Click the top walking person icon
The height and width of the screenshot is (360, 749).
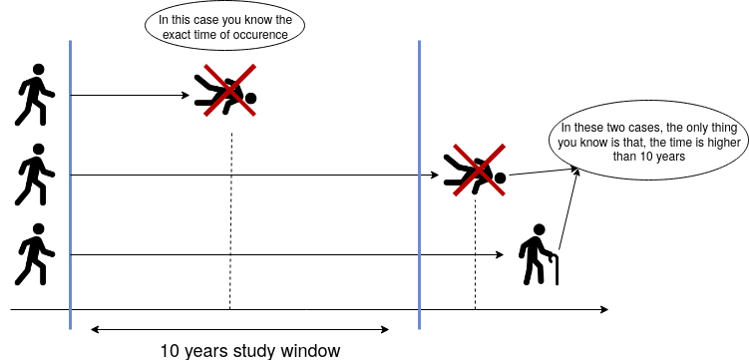pos(34,95)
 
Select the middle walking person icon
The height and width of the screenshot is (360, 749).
pos(34,175)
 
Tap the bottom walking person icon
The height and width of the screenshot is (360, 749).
pos(34,254)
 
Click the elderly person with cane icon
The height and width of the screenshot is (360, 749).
pos(539,254)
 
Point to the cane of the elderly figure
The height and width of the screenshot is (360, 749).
pos(556,270)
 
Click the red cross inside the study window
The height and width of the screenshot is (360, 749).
pos(229,90)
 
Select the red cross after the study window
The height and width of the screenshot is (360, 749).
pos(479,170)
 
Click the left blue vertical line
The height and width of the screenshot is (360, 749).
pos(70,184)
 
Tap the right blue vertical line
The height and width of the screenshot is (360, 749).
pos(420,184)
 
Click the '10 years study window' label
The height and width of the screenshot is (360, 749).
pos(250,351)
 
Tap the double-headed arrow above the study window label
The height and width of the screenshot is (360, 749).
pos(239,329)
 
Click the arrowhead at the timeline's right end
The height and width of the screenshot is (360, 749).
pos(604,309)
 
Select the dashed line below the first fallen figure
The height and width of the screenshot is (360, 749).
pos(230,221)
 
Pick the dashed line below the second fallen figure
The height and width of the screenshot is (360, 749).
pos(476,253)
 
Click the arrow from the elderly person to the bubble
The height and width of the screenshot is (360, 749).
pos(568,209)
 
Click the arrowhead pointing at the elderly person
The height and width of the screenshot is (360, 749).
pos(501,255)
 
